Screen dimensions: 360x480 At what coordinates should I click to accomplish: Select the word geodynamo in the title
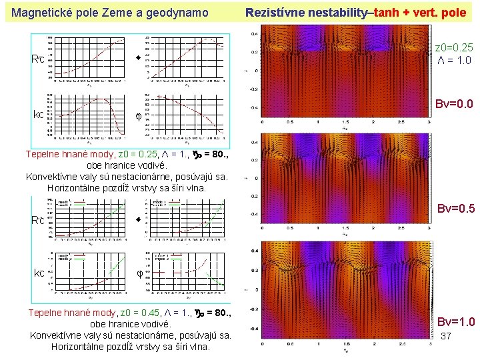tap(178, 12)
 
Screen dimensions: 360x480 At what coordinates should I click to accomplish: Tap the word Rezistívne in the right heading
tap(275, 12)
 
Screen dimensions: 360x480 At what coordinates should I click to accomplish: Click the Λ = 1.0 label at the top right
tap(454, 59)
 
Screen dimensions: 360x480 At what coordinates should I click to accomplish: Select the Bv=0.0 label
tap(455, 105)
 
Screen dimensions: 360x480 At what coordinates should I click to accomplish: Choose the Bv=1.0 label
tap(456, 323)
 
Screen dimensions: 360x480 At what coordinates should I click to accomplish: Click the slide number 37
tap(447, 337)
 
